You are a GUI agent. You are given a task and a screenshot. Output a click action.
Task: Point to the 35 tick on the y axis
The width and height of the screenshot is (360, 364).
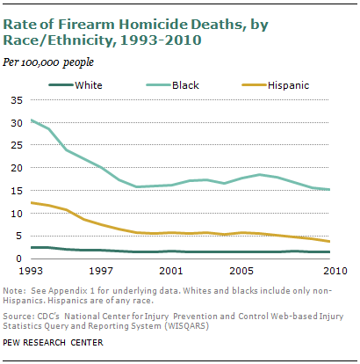(17, 100)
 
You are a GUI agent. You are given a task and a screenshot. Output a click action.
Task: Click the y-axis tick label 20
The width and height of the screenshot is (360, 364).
(17, 168)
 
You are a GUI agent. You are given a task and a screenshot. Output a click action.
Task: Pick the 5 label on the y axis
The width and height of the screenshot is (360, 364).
(19, 236)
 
